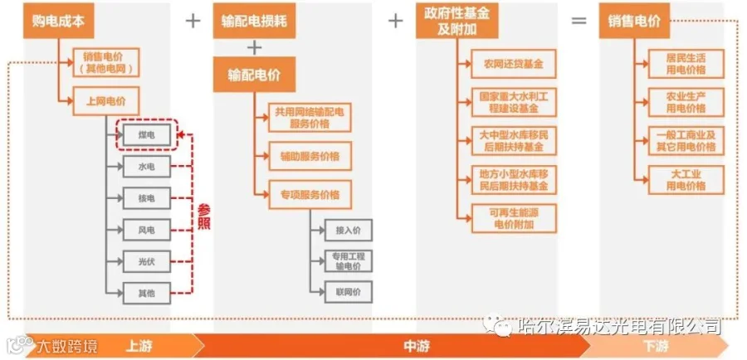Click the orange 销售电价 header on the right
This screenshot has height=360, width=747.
click(x=634, y=22)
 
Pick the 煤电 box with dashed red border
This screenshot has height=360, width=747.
click(x=146, y=135)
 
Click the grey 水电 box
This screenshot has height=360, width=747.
click(x=146, y=167)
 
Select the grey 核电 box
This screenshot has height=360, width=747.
click(x=146, y=197)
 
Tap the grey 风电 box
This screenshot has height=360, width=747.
click(x=146, y=229)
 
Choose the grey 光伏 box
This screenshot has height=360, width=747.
click(x=146, y=260)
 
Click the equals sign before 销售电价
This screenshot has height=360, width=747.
click(x=579, y=22)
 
